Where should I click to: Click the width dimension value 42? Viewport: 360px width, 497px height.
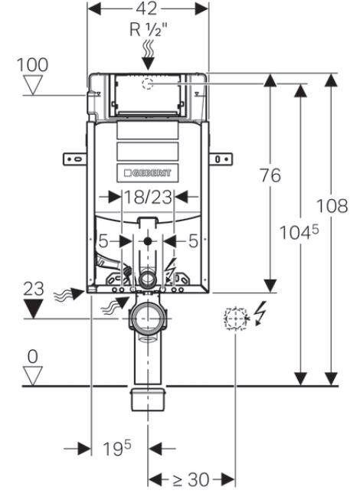point(146,9)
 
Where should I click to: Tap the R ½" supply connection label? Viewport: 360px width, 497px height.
point(149,30)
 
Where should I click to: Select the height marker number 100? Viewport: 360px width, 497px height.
point(32,64)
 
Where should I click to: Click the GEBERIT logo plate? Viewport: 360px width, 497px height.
point(148,173)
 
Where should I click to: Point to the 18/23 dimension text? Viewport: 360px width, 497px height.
point(148,197)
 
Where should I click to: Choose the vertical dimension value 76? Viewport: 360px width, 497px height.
point(270,175)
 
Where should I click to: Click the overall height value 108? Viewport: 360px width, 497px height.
point(332,205)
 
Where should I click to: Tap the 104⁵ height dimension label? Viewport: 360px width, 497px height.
point(299,232)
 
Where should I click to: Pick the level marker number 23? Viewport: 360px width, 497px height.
point(34,289)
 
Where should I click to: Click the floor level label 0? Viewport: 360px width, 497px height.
point(33,357)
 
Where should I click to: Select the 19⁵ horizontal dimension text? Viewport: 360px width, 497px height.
point(117,448)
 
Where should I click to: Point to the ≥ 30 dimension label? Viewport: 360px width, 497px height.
point(191,479)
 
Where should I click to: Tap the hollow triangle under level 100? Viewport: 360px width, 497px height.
point(33,85)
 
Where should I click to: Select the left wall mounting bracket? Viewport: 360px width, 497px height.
point(75,159)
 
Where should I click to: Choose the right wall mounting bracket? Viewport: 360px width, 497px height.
point(221,159)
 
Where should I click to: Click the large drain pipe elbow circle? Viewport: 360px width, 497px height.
point(147,318)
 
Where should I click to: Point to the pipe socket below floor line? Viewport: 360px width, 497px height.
point(148,397)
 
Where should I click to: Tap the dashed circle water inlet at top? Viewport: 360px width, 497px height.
point(148,84)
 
